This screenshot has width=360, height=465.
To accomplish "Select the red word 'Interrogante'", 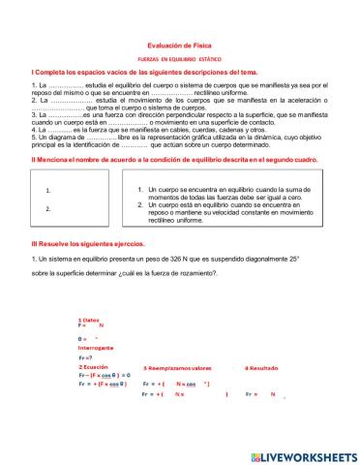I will [95, 347].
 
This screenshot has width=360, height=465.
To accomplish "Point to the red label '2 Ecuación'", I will [93, 368].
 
